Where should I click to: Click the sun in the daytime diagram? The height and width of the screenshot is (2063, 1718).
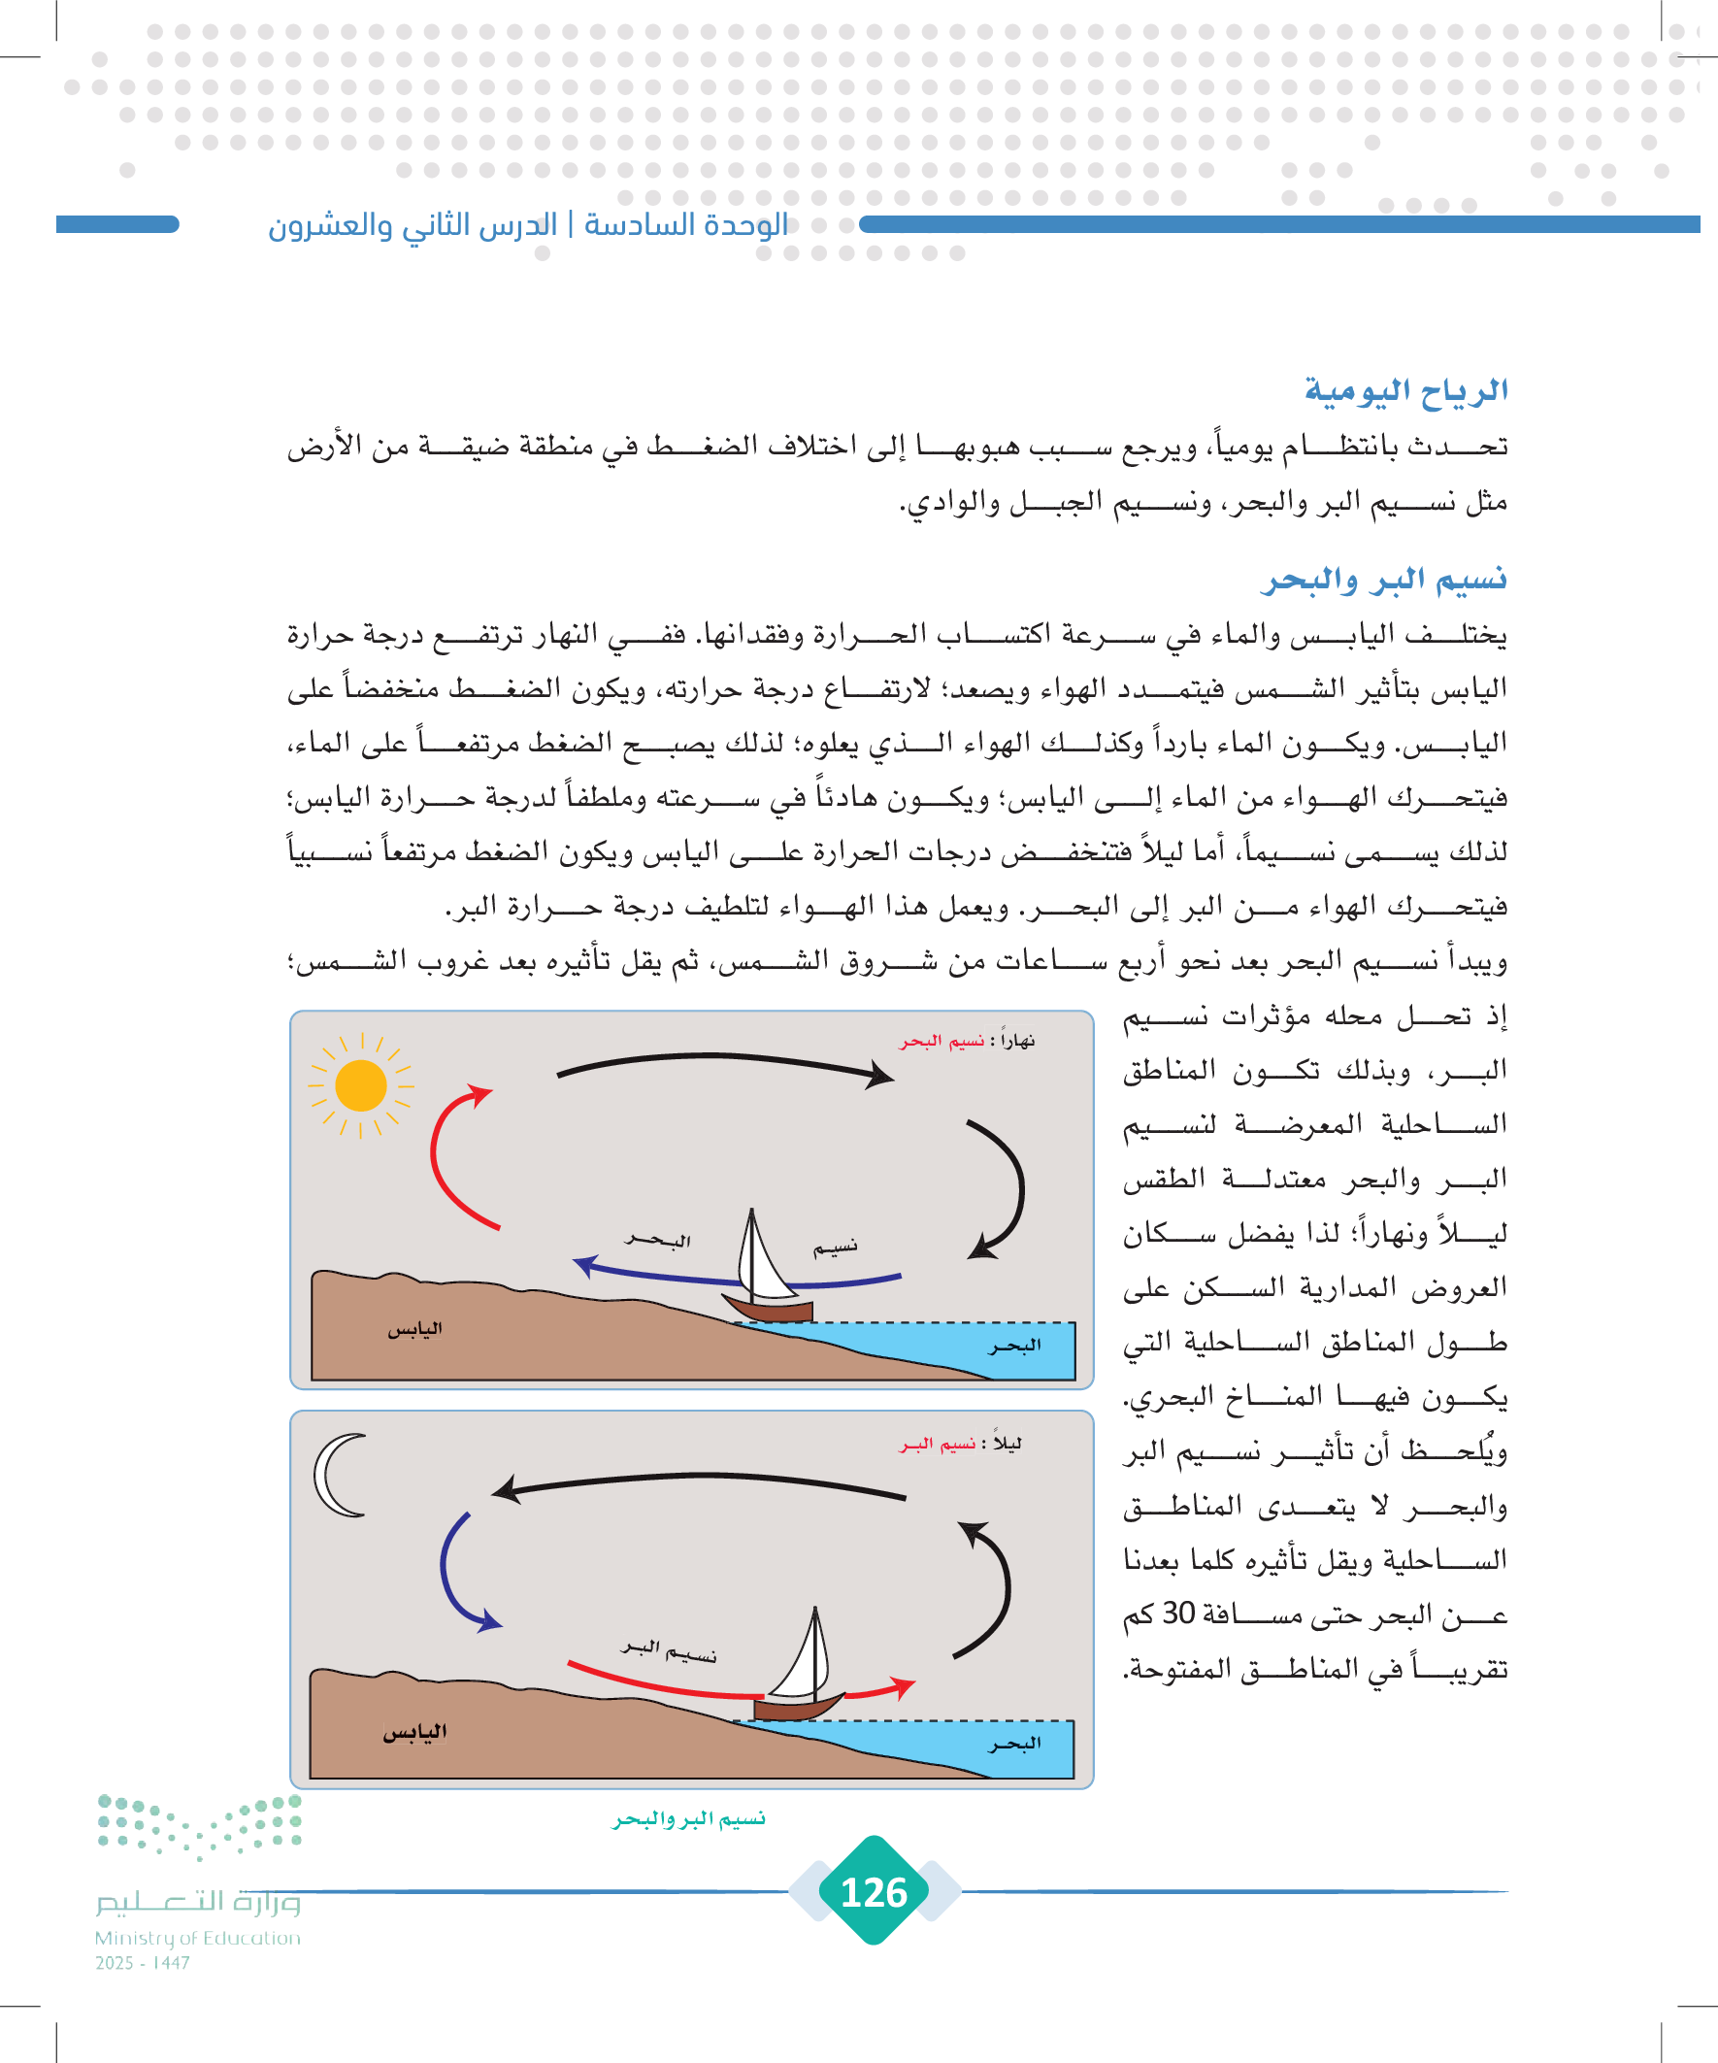tap(360, 1085)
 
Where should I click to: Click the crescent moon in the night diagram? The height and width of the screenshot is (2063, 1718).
tap(336, 1476)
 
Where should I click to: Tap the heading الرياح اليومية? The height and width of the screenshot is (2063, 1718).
tap(1405, 390)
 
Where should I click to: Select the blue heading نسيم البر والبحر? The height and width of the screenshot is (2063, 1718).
tap(1385, 580)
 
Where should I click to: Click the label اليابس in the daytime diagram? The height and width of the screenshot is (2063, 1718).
tap(414, 1329)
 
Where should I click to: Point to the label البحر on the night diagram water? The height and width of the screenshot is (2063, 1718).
tap(1014, 1744)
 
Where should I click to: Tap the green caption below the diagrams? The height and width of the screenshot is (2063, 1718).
tap(688, 1819)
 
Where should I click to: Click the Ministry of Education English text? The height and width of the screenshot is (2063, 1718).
tap(197, 1938)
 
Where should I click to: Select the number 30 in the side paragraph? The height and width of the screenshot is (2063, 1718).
tap(1177, 1614)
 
